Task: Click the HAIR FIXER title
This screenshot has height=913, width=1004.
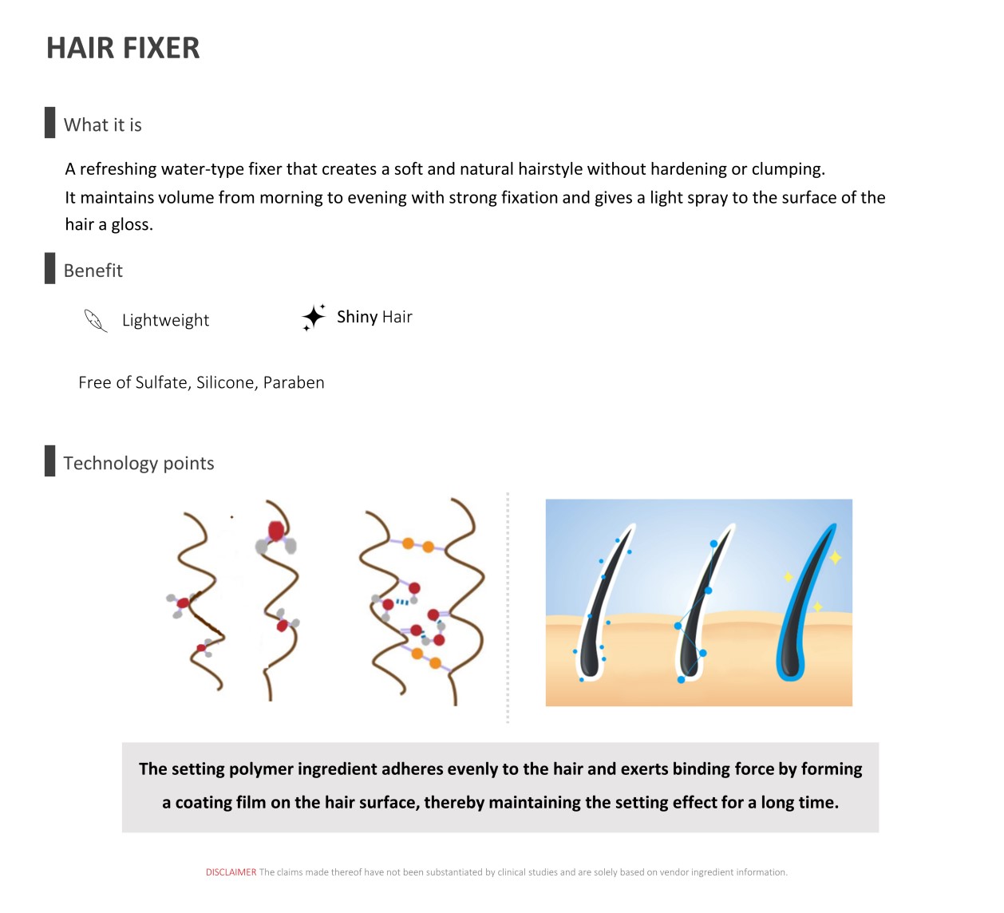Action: click(x=123, y=48)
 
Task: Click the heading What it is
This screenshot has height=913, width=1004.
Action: click(x=103, y=125)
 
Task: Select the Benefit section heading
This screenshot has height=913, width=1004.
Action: click(x=93, y=271)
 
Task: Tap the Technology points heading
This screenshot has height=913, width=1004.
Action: click(x=139, y=463)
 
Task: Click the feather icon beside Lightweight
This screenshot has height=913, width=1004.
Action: click(x=95, y=320)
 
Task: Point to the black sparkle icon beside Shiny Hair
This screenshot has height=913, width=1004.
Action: click(x=314, y=318)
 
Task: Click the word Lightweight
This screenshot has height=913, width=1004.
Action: click(x=166, y=320)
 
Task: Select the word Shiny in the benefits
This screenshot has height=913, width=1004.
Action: click(x=357, y=316)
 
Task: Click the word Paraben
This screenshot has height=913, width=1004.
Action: click(x=294, y=382)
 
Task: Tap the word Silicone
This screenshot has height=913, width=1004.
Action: click(x=227, y=382)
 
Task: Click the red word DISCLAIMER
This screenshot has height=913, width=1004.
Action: click(x=231, y=872)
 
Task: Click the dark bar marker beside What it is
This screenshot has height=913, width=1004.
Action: click(x=50, y=122)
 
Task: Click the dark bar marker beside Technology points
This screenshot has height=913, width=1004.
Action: click(x=50, y=460)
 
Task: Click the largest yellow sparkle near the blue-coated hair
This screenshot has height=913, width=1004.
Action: click(x=835, y=558)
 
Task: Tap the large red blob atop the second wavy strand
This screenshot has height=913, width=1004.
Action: click(x=276, y=531)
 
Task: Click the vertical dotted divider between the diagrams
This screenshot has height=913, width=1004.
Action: click(x=508, y=607)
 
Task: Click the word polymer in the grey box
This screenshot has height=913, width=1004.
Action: click(x=261, y=769)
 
